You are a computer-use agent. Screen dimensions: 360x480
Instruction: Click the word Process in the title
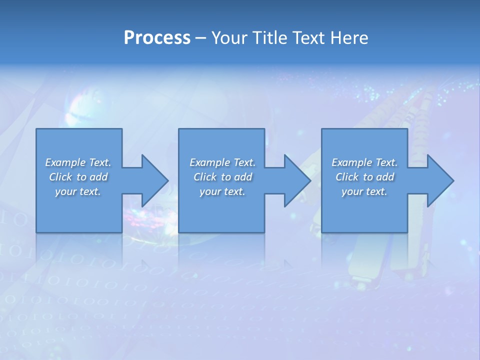tap(157, 38)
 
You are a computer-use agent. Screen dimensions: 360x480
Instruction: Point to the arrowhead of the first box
tap(154, 180)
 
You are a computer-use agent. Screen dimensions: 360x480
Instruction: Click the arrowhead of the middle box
tap(297, 180)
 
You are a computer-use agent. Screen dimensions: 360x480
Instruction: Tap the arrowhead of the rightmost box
tap(440, 180)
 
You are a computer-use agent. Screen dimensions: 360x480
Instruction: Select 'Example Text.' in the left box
tap(78, 162)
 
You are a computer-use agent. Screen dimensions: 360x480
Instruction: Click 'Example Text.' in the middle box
tap(222, 162)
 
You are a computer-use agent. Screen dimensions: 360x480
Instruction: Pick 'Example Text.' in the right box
tap(364, 162)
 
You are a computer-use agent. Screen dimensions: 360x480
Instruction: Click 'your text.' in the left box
tap(78, 191)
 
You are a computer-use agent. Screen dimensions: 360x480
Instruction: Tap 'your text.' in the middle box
tap(222, 191)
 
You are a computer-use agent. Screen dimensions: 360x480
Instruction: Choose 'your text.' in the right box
tap(364, 191)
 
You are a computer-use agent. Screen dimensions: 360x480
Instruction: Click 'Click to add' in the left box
tap(78, 177)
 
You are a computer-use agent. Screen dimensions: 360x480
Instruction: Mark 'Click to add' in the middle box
tap(222, 177)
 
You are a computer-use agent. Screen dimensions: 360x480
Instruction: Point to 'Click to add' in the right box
tap(364, 177)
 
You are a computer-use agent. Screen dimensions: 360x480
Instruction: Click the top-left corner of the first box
tap(37, 129)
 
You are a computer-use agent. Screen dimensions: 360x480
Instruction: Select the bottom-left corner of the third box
tap(322, 231)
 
